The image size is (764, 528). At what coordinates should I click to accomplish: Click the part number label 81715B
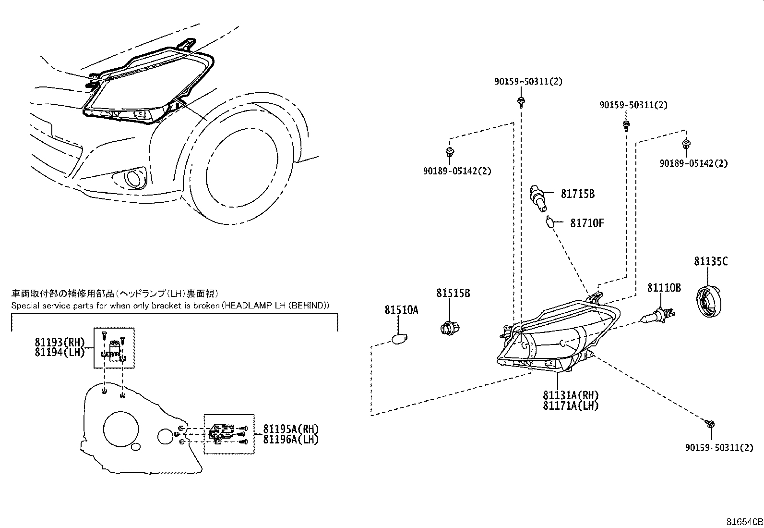pyautogui.click(x=578, y=194)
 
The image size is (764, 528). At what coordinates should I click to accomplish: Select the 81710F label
pyautogui.click(x=587, y=223)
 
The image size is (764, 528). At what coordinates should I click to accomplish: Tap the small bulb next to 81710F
pyautogui.click(x=551, y=222)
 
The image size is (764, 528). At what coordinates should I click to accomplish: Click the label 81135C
pyautogui.click(x=711, y=262)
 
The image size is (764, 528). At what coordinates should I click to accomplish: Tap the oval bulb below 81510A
pyautogui.click(x=399, y=338)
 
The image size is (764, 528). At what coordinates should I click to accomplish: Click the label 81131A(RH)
pyautogui.click(x=571, y=395)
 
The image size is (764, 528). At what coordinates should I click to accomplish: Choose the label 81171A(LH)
pyautogui.click(x=571, y=405)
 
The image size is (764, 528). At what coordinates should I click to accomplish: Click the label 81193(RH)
pyautogui.click(x=60, y=343)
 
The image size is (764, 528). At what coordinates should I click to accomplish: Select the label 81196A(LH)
pyautogui.click(x=291, y=439)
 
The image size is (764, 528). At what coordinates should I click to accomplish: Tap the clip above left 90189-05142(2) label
pyautogui.click(x=450, y=153)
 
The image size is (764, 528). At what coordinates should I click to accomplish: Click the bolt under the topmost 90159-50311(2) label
pyautogui.click(x=521, y=101)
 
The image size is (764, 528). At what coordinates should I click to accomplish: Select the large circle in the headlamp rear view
pyautogui.click(x=121, y=430)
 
